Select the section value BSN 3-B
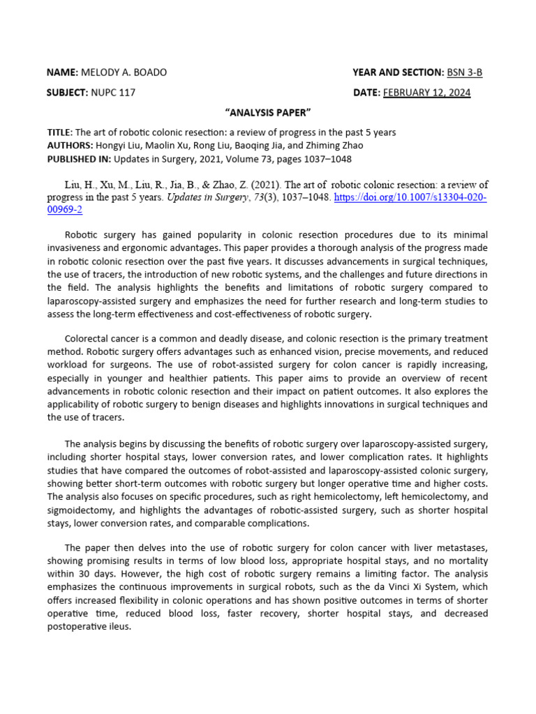465,73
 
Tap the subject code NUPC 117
113,92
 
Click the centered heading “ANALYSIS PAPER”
267,113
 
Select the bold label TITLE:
59,132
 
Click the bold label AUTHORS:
69,145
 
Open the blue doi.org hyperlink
410,197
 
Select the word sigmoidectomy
79,510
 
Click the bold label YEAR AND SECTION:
398,73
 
